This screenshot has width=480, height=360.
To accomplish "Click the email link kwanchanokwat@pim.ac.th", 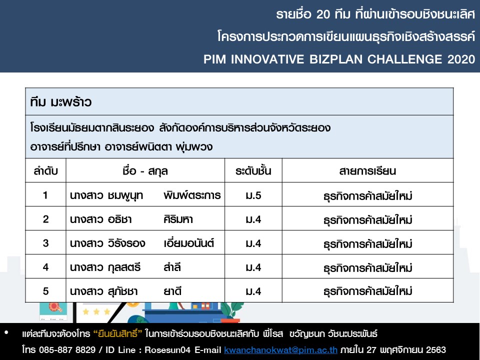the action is [280, 350].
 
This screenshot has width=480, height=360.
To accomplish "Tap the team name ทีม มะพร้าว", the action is [60, 102].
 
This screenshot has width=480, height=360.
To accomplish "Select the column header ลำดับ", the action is [45, 171].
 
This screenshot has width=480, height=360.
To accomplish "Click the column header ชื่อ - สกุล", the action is [145, 171].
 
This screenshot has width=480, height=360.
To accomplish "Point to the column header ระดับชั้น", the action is [253, 171].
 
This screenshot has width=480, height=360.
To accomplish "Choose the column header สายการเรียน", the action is [367, 171].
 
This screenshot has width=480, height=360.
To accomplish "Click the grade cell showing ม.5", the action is [253, 195].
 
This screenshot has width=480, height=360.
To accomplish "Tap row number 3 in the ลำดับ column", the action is [45, 243].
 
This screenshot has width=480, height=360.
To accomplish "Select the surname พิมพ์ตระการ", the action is [192, 195].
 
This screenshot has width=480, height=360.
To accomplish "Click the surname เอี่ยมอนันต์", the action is [188, 243].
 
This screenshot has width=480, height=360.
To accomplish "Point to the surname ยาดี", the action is [172, 291].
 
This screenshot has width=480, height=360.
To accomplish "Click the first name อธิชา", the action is [119, 219].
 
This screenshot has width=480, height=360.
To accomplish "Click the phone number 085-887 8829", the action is [67, 350].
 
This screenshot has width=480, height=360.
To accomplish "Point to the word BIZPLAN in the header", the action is [336, 59].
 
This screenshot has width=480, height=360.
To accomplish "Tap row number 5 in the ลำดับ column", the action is [45, 291].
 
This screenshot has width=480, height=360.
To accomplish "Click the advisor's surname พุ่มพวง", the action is [194, 147].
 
